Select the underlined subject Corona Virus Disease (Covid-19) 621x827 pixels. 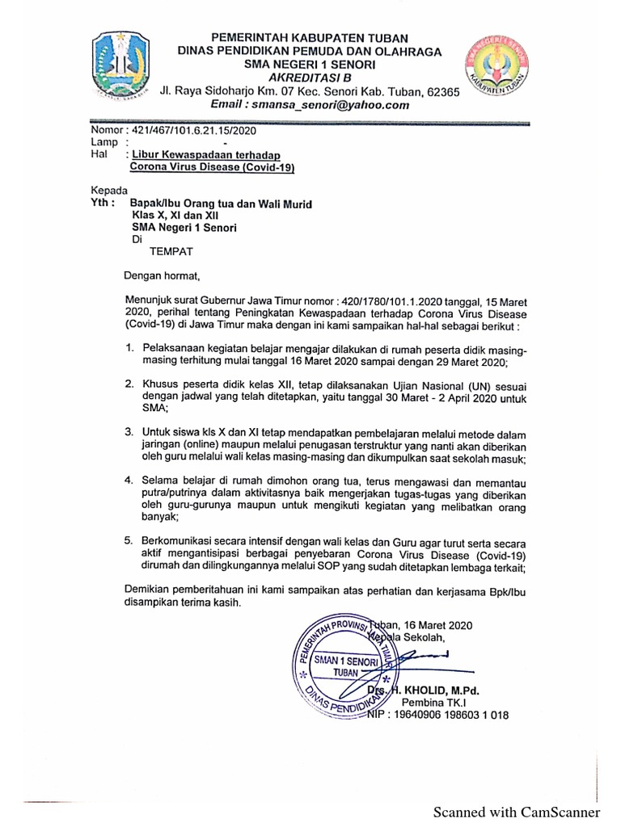213,168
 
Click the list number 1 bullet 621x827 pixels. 129,347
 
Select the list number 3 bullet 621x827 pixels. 129,433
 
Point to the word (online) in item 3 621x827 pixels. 199,446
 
